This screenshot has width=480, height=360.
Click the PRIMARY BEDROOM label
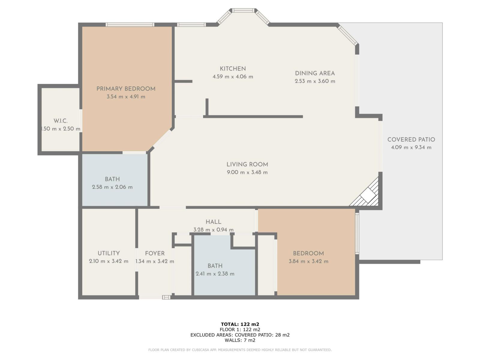coord(126,89)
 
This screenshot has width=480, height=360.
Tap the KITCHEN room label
coord(233,69)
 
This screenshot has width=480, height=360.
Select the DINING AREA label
coord(315,73)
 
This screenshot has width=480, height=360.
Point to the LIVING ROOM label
coord(247,164)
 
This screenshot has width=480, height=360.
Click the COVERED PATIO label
coord(411,139)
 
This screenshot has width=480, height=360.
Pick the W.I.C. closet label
coord(61,121)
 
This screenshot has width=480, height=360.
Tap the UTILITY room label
coord(109,253)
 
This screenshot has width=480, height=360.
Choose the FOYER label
coord(154,253)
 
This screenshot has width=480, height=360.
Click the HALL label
coord(213,222)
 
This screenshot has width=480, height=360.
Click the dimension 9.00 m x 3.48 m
coord(247,172)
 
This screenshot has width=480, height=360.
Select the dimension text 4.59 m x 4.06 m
coord(233,77)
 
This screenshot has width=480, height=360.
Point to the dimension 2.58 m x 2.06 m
coord(112,187)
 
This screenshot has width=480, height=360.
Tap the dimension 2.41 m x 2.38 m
coord(215,274)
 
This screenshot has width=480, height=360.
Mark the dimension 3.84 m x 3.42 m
coord(308,261)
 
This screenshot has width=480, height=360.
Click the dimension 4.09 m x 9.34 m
coord(411,147)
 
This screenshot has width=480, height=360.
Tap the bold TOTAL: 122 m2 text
coord(240,324)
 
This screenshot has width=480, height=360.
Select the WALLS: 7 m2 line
coord(240,340)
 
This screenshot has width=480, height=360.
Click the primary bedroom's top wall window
coord(130,25)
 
